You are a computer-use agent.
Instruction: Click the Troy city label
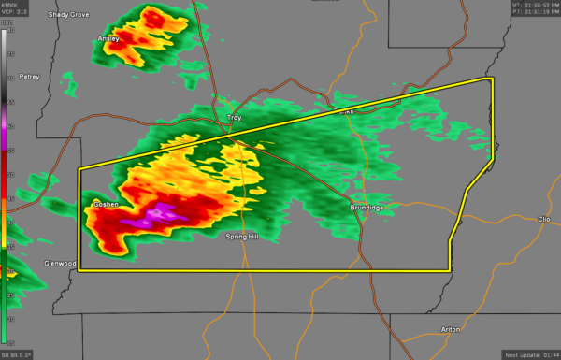tap(235, 118)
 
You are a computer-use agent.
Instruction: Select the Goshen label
tap(103, 203)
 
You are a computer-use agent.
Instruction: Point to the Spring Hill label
tap(241, 237)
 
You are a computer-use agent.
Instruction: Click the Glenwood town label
tap(60, 264)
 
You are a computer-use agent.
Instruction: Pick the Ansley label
tap(109, 38)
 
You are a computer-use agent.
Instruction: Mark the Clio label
tap(544, 219)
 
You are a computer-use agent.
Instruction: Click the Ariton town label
tap(450, 330)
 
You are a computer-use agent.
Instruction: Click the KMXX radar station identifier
tap(9, 5)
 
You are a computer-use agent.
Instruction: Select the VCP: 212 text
tap(12, 12)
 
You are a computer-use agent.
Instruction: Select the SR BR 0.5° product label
tap(16, 355)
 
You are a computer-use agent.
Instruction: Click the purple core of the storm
tap(154, 217)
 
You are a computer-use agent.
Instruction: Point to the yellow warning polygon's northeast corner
tap(492, 79)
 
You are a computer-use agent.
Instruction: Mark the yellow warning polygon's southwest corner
tap(79, 270)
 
